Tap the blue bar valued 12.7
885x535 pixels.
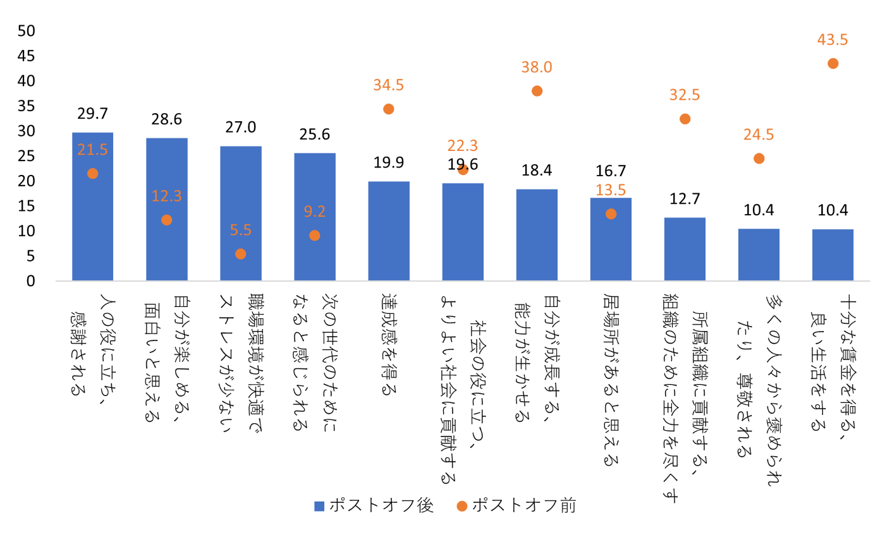coord(685,249)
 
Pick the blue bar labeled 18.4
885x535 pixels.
coord(537,235)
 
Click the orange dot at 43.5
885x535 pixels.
coord(833,63)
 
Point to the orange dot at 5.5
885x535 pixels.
coord(240,254)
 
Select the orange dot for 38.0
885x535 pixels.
coord(537,91)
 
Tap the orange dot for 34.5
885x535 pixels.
coord(389,109)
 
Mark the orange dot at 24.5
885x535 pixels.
coord(759,159)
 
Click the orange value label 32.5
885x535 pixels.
coord(685,95)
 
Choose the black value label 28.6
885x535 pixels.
coord(166,119)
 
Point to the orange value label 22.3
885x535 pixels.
coord(463,146)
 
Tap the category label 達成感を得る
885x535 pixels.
coord(389,344)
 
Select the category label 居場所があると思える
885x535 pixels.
coord(611,379)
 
